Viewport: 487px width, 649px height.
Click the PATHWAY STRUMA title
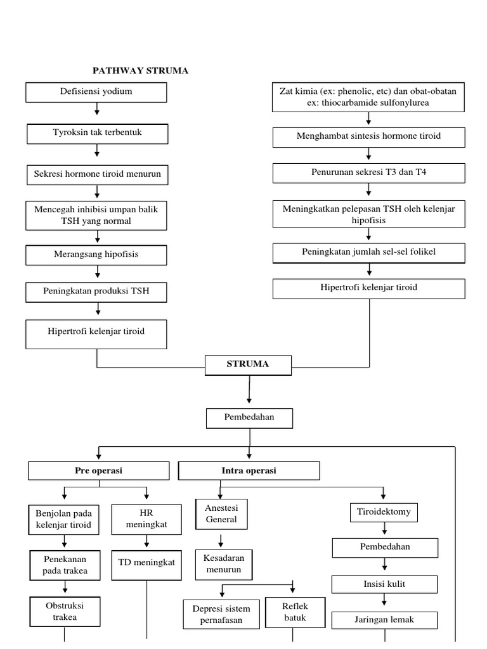tap(141, 70)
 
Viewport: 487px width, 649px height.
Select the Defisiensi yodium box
tap(96, 92)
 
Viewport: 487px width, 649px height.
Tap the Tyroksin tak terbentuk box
tap(97, 133)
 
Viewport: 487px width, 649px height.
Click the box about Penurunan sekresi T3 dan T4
tap(368, 173)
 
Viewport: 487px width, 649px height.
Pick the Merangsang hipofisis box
tap(96, 255)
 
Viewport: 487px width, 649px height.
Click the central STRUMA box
tap(248, 364)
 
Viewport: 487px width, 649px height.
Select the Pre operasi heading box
tap(99, 471)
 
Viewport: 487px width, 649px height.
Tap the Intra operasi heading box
tap(249, 471)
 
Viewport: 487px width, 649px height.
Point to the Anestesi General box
tap(221, 514)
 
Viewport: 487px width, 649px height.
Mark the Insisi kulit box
tap(385, 584)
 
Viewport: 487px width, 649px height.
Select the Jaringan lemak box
tap(385, 620)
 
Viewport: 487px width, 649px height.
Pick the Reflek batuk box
tap(295, 612)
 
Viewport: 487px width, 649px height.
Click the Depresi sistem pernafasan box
tap(221, 614)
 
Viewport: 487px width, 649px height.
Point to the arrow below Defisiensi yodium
tap(97, 110)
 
